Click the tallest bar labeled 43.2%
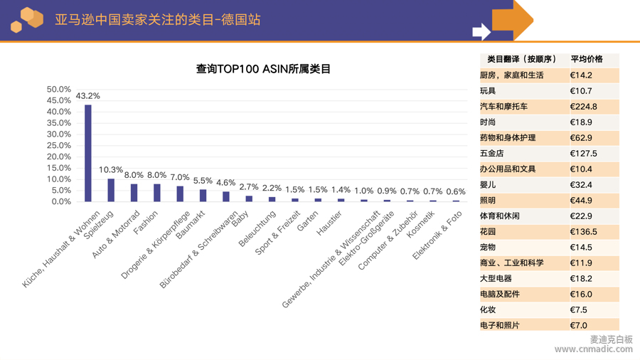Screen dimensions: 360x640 [x=88, y=153]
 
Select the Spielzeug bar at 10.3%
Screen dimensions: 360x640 [x=111, y=190]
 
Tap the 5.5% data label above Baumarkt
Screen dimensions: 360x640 [x=203, y=181]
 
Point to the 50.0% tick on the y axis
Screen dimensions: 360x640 [x=59, y=90]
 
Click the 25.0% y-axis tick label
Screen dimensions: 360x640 [x=59, y=146]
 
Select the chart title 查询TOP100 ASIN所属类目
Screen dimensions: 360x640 [x=263, y=69]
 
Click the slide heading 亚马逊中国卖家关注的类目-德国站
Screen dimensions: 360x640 [x=158, y=20]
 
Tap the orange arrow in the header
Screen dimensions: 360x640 [x=513, y=19]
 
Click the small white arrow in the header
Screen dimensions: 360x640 [x=481, y=31]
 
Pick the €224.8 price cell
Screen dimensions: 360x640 [x=583, y=107]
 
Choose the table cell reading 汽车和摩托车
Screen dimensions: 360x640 [x=503, y=107]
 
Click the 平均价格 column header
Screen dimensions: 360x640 [x=587, y=59]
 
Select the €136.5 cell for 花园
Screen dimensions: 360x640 [x=583, y=232]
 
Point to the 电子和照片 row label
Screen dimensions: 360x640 [x=499, y=325]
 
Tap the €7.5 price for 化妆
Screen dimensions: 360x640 [x=579, y=309]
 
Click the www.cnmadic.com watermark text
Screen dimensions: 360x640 [x=593, y=349]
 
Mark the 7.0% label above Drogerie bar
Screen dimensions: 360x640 [x=180, y=177]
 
